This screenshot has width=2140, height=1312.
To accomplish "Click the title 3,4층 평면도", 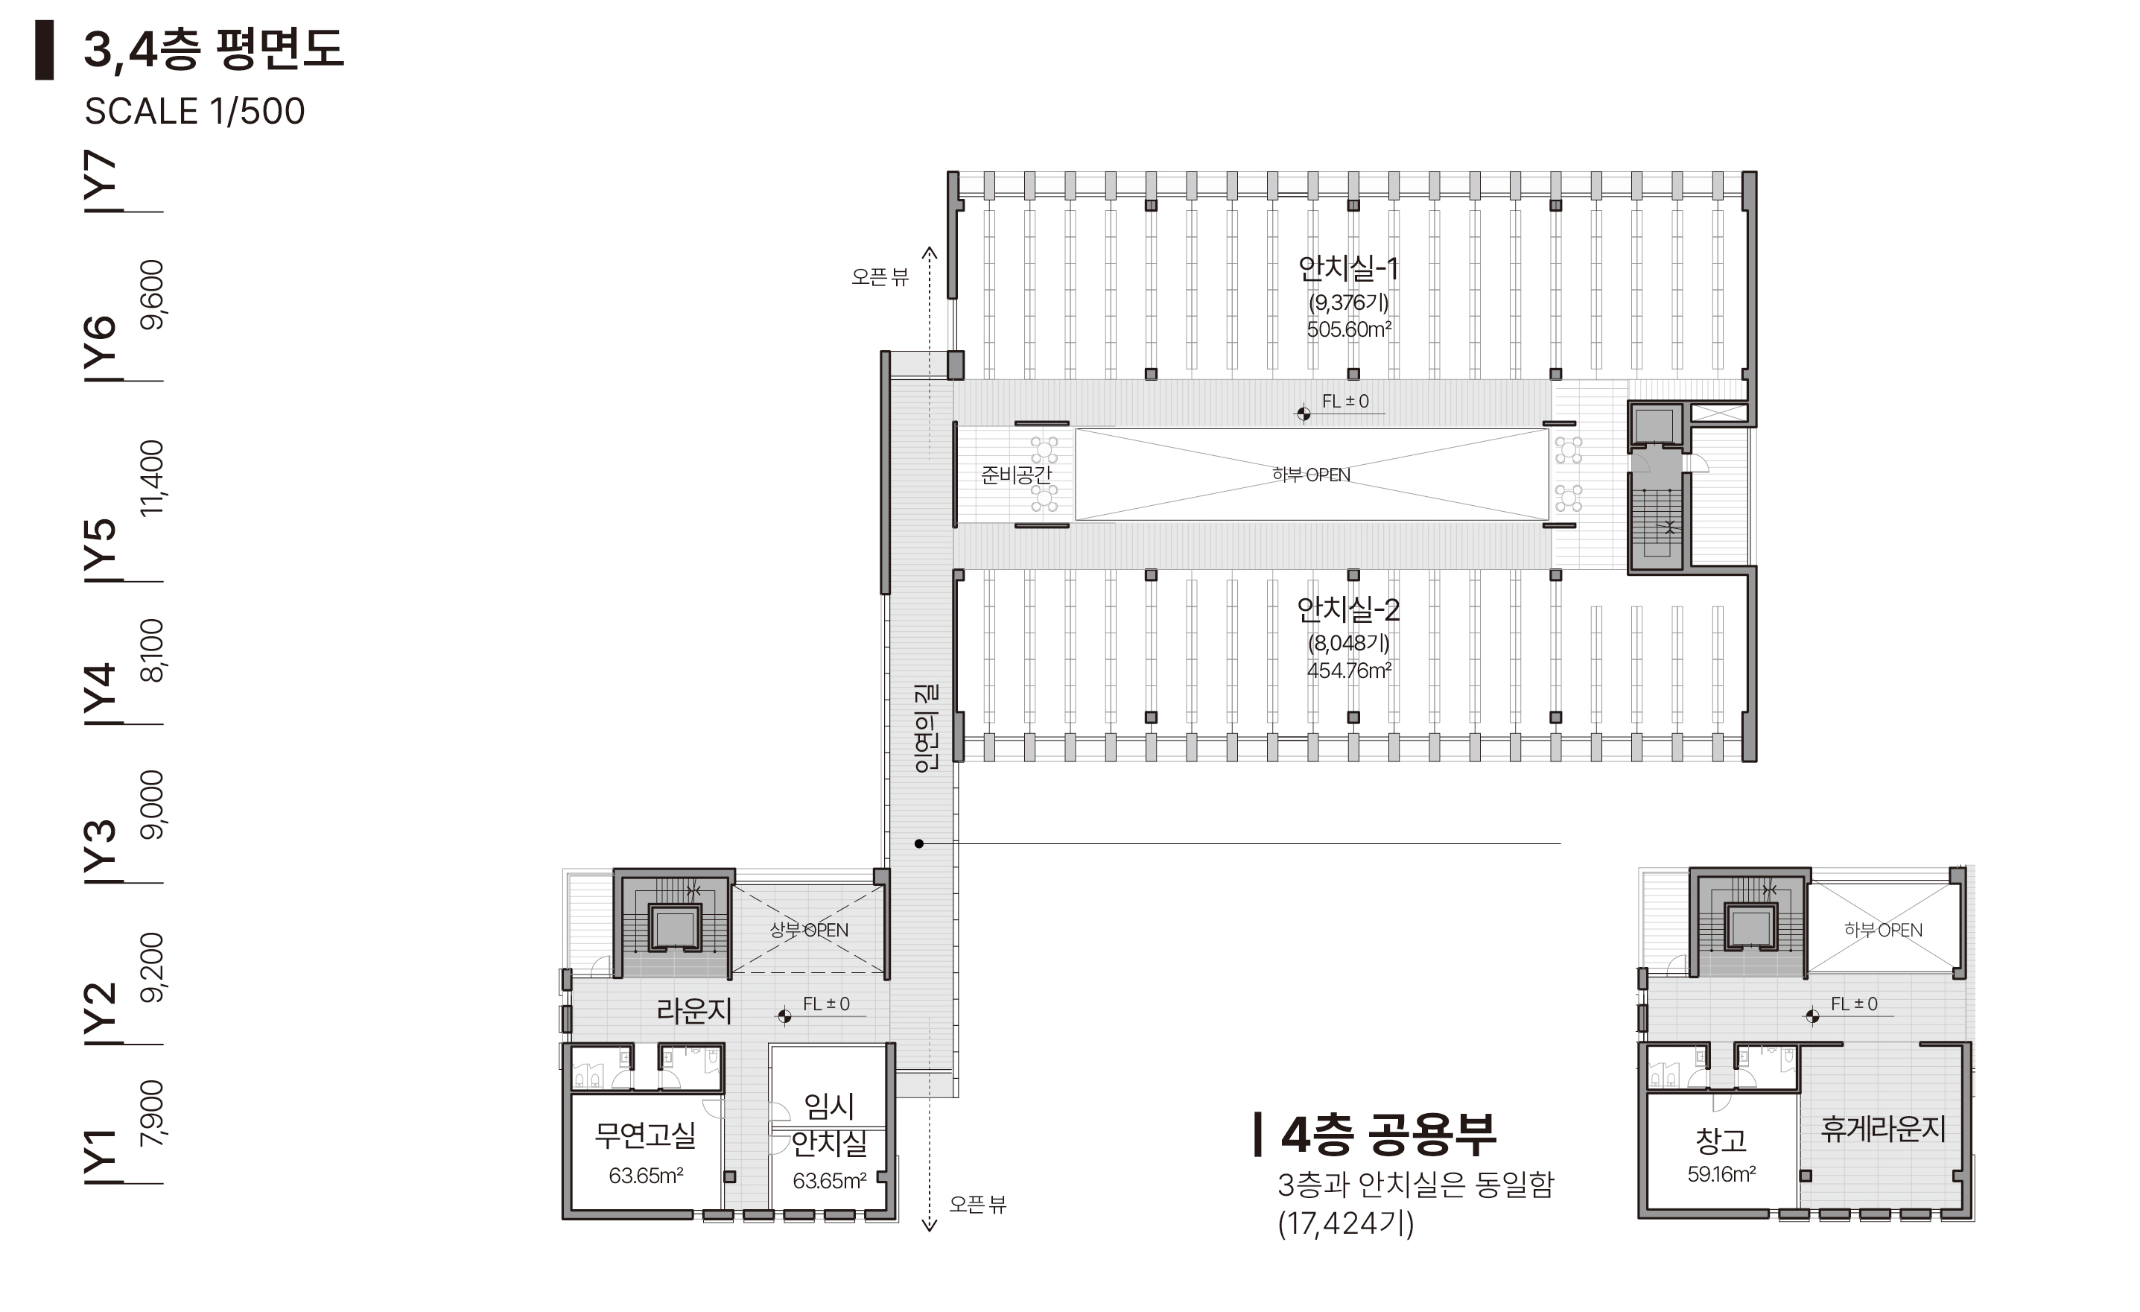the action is click(214, 48).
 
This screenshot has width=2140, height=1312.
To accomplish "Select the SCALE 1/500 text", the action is click(194, 111).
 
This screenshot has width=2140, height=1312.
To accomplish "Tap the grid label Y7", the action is click(101, 181).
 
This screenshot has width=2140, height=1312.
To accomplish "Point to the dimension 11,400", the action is click(151, 477).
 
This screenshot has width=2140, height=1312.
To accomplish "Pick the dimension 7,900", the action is click(151, 1113).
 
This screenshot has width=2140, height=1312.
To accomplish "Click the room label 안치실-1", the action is click(1348, 267).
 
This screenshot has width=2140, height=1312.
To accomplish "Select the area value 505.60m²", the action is click(1349, 329).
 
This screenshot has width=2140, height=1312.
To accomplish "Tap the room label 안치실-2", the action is click(1348, 609).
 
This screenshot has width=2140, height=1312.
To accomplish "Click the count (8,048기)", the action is click(1349, 643).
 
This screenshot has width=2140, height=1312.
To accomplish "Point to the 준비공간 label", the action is click(1015, 475).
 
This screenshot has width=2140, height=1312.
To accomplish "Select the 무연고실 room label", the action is click(645, 1135).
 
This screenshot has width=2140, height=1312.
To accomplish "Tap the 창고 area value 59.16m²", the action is click(1721, 1175).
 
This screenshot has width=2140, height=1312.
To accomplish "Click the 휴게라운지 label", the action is click(1883, 1129).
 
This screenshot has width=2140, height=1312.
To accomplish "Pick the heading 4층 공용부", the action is click(1388, 1134).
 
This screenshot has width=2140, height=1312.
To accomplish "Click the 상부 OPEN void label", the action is click(809, 930).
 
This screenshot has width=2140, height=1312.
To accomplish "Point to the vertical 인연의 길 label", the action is click(926, 728).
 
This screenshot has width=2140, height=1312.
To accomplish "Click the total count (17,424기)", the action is click(1345, 1223).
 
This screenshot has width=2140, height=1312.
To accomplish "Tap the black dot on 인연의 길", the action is click(919, 843).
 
